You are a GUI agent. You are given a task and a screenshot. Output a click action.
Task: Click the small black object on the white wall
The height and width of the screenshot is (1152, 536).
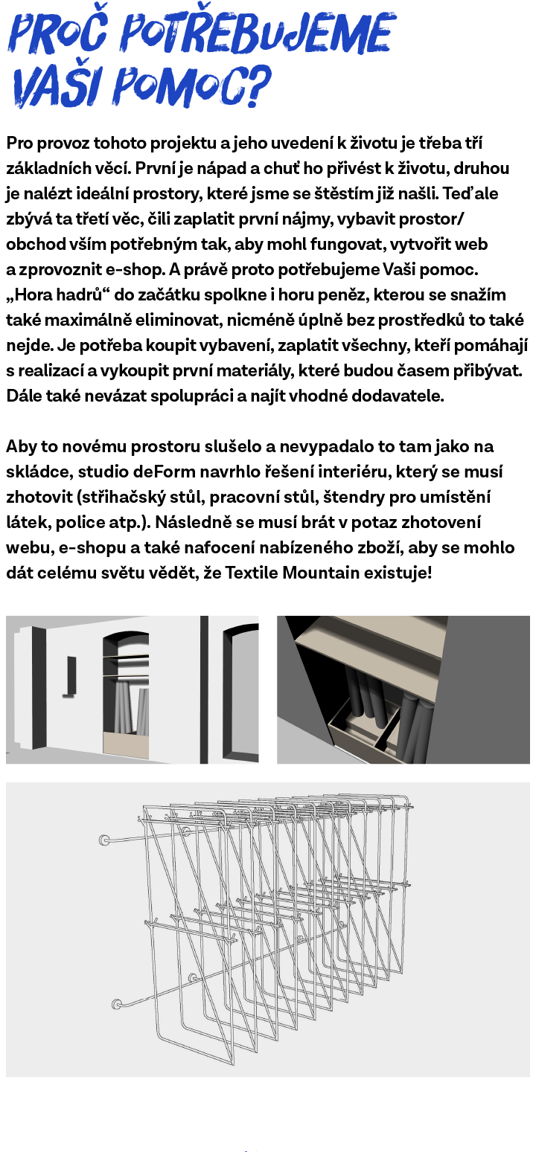(x=71, y=675)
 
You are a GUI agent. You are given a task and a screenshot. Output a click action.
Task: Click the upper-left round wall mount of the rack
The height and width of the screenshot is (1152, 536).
(x=105, y=840)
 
